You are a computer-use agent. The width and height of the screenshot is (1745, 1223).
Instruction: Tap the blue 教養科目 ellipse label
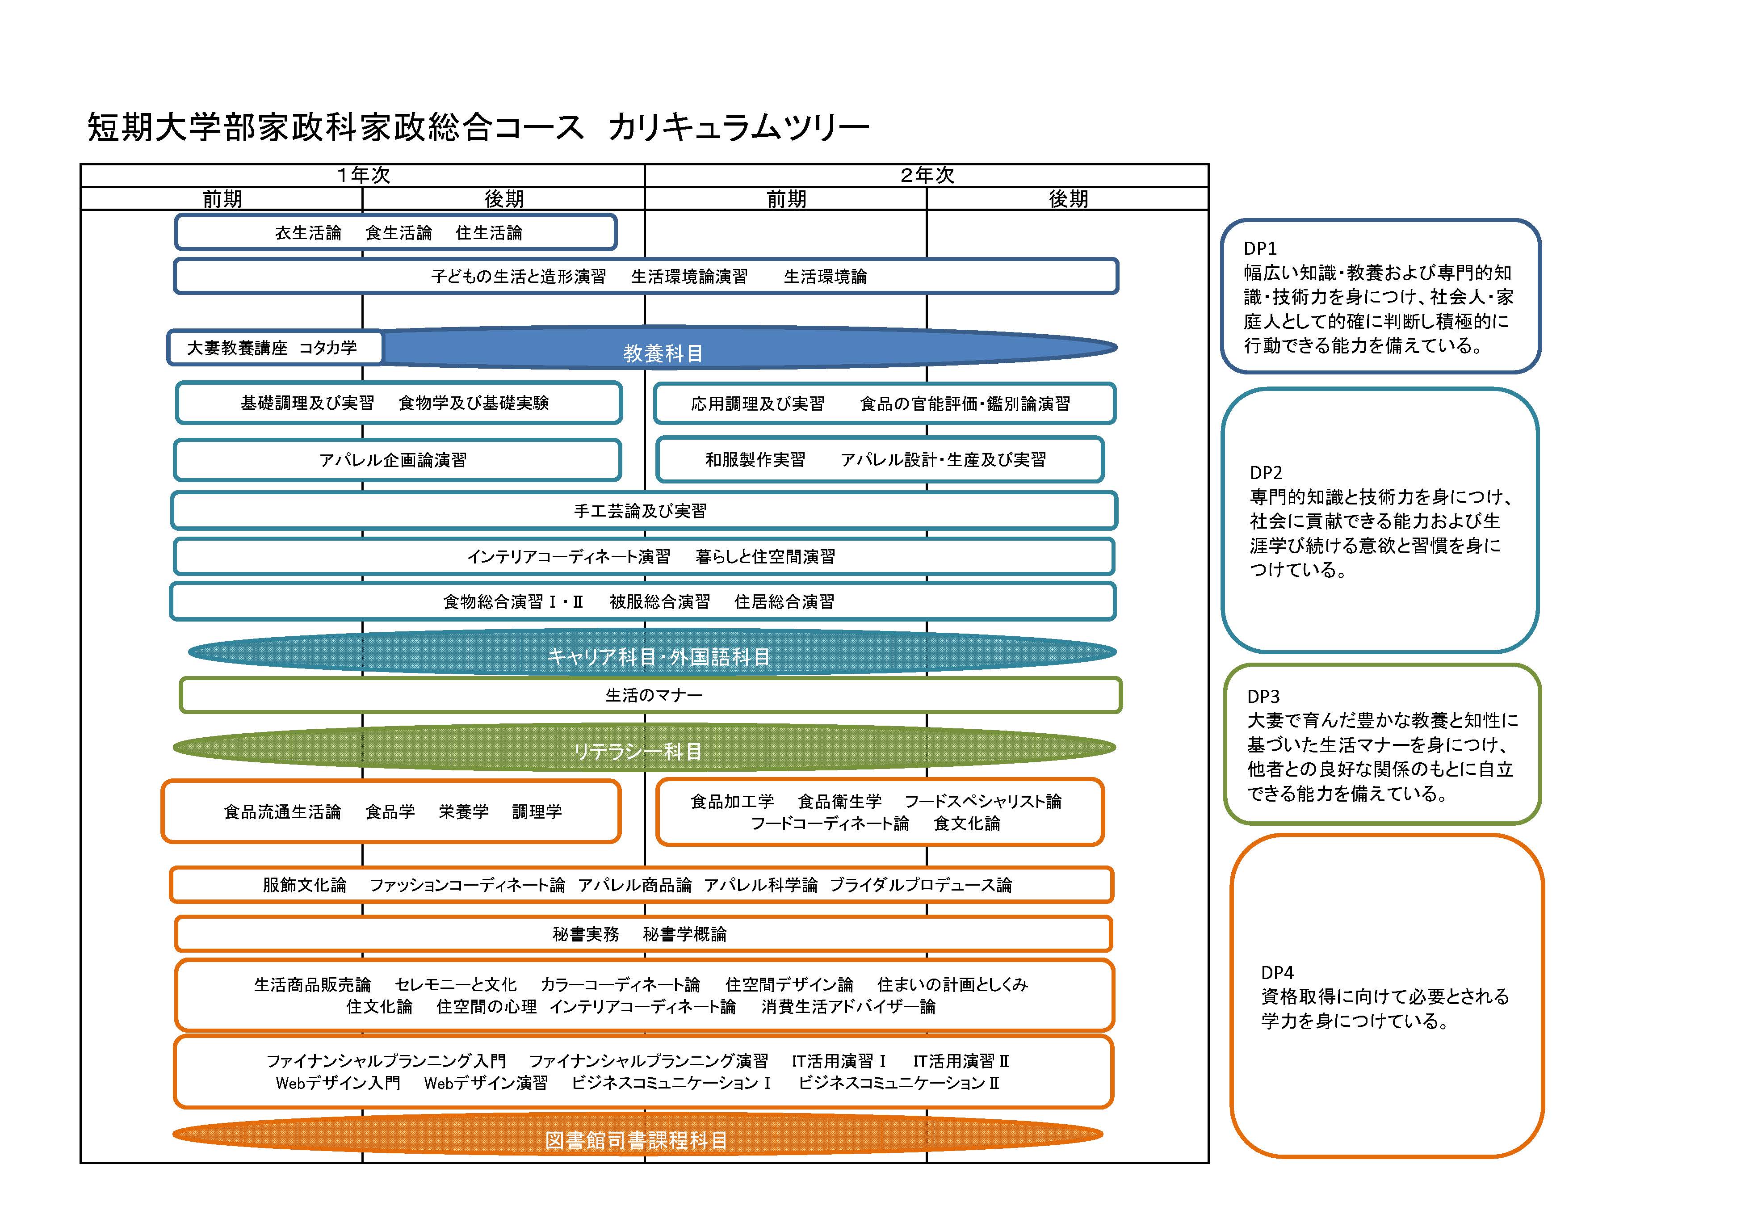(x=663, y=353)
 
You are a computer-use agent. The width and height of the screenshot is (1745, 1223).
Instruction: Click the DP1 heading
(x=1260, y=248)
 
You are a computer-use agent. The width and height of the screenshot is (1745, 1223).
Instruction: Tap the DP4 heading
(x=1277, y=972)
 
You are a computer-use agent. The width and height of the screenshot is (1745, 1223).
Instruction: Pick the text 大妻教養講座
(x=237, y=348)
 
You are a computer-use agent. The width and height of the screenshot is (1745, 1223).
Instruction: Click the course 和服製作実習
(x=755, y=460)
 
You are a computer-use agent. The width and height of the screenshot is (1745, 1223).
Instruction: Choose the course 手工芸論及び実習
(x=640, y=511)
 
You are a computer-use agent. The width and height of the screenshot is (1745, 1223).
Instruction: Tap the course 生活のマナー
(x=654, y=695)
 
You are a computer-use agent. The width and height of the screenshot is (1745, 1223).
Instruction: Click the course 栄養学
(x=464, y=812)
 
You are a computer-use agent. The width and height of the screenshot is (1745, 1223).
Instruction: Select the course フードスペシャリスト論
(x=983, y=801)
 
